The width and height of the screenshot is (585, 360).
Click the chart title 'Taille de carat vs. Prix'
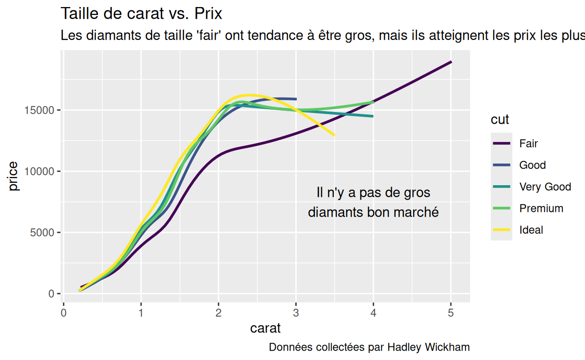[141, 14]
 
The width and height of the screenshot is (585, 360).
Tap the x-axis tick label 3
[296, 313]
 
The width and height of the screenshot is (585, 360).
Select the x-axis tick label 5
[451, 313]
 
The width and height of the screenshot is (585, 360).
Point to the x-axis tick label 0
[63, 313]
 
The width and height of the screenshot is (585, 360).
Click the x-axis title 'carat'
[265, 328]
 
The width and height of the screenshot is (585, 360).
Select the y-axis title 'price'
[14, 176]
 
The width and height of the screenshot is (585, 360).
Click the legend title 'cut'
[500, 120]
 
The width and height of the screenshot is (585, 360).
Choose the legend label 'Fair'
[528, 143]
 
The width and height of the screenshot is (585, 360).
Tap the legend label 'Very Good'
[545, 187]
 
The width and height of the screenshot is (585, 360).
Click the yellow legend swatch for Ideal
[501, 230]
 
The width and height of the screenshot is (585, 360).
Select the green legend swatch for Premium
[501, 208]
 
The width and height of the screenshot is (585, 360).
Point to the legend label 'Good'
[532, 165]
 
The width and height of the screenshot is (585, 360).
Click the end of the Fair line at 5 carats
[451, 61]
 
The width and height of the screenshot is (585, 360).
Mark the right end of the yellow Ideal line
[334, 135]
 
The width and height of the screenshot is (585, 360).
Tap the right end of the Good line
[296, 99]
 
